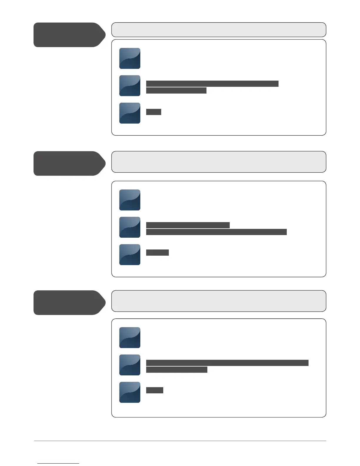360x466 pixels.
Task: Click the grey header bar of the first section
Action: [x=219, y=30]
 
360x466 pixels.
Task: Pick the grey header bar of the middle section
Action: [x=219, y=162]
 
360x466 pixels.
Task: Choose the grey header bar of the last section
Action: [x=219, y=301]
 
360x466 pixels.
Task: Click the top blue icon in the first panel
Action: [x=130, y=58]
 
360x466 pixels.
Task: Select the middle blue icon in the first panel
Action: [x=130, y=86]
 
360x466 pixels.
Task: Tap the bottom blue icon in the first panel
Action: [x=130, y=113]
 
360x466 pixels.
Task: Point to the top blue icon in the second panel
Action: [x=130, y=200]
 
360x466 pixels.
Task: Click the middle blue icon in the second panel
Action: [x=130, y=227]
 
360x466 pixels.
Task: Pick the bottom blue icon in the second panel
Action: [x=130, y=254]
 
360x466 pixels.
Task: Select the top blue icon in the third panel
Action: [x=130, y=337]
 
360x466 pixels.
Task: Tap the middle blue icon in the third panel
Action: [x=130, y=365]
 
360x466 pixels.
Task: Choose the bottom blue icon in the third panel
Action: [x=130, y=392]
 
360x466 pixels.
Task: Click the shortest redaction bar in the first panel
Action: [x=154, y=112]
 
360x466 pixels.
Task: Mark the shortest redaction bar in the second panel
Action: [x=157, y=252]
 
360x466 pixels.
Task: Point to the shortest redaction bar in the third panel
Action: [x=155, y=390]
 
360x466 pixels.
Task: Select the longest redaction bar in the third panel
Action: [x=227, y=363]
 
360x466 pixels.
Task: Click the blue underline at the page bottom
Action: [x=58, y=463]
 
